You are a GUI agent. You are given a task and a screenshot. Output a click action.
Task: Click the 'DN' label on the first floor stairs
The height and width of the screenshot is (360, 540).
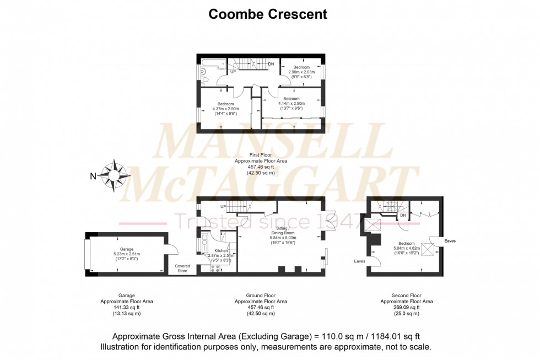tap(271, 65)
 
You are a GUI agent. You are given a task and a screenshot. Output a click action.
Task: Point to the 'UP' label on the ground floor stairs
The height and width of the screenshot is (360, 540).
tap(223, 206)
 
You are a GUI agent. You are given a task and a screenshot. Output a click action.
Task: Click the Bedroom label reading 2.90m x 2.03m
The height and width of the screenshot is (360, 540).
tap(301, 72)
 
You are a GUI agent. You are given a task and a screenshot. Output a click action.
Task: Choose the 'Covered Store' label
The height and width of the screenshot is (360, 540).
tap(182, 268)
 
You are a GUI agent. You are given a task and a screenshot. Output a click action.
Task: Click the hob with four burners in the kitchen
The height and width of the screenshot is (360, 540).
tap(215, 268)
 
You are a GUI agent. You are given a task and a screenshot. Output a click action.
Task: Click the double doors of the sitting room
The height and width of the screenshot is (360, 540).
tap(330, 222)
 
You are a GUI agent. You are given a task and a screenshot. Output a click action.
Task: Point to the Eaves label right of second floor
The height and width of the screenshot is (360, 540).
tap(450, 241)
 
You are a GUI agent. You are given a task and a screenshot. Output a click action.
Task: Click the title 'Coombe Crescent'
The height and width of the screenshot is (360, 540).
tap(268, 14)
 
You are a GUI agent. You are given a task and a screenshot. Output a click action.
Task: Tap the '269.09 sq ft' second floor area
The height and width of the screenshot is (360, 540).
tap(406, 308)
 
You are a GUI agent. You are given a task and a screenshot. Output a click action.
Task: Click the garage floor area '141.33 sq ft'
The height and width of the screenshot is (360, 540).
tap(126, 308)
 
